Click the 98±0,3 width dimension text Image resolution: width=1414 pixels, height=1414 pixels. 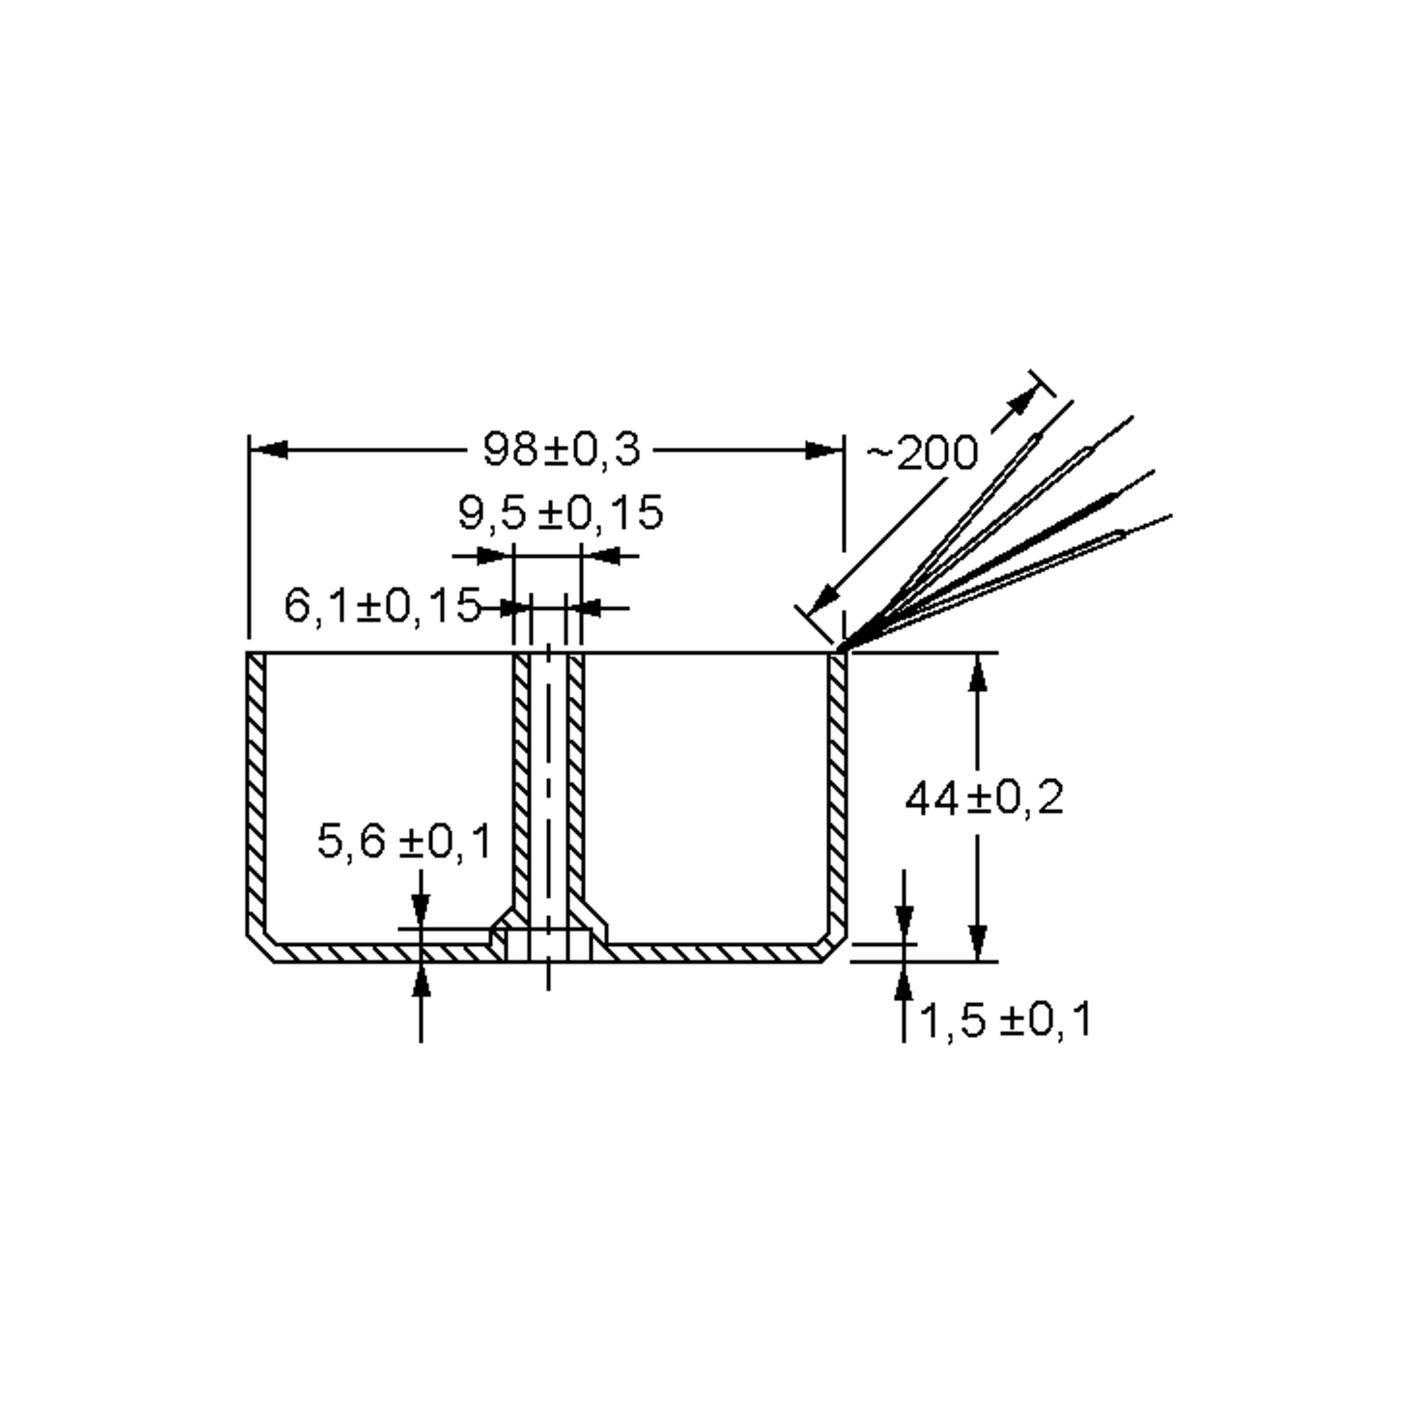point(561,450)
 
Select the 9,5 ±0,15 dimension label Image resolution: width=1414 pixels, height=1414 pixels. point(561,513)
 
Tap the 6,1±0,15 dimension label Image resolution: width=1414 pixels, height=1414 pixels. point(382,606)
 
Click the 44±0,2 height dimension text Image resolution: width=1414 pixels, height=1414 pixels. point(984,798)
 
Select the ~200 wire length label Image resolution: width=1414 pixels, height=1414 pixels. point(922,453)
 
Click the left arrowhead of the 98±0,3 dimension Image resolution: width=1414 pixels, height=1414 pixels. point(269,450)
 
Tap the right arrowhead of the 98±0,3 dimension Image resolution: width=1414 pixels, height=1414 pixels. point(824,450)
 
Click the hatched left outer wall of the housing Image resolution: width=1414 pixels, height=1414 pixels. point(256,791)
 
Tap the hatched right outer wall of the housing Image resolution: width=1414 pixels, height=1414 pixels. point(837,791)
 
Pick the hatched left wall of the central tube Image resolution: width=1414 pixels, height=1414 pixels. point(521,776)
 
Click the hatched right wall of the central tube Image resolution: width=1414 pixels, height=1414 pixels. point(576,776)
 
